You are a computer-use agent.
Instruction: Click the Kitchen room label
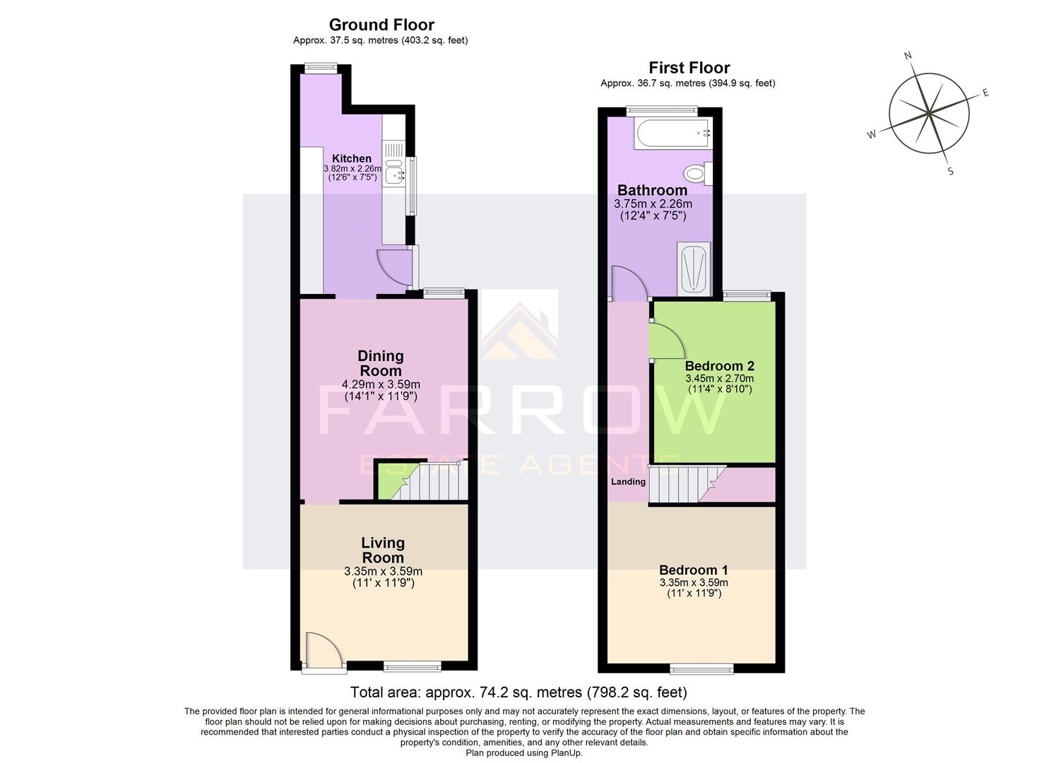pyautogui.click(x=352, y=158)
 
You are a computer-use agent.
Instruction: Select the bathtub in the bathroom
pyautogui.click(x=672, y=134)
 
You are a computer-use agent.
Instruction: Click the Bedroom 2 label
pyautogui.click(x=719, y=366)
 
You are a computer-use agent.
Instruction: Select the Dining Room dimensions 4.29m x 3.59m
pyautogui.click(x=381, y=384)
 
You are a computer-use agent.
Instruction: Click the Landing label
pyautogui.click(x=628, y=482)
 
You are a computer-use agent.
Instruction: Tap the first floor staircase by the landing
pyautogui.click(x=678, y=484)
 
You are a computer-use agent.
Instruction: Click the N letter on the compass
pyautogui.click(x=908, y=56)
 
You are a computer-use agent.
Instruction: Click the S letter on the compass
pyautogui.click(x=950, y=171)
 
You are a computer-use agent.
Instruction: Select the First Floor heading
pyautogui.click(x=689, y=68)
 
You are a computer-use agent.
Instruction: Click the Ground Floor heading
pyautogui.click(x=381, y=25)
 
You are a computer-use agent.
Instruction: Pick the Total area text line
pyautogui.click(x=518, y=692)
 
